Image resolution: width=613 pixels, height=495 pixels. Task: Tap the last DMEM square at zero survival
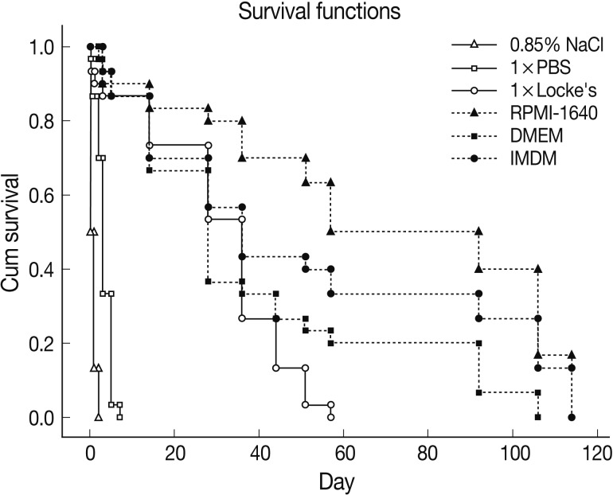click(538, 417)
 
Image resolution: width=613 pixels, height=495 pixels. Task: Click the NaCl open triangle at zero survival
click(99, 417)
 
